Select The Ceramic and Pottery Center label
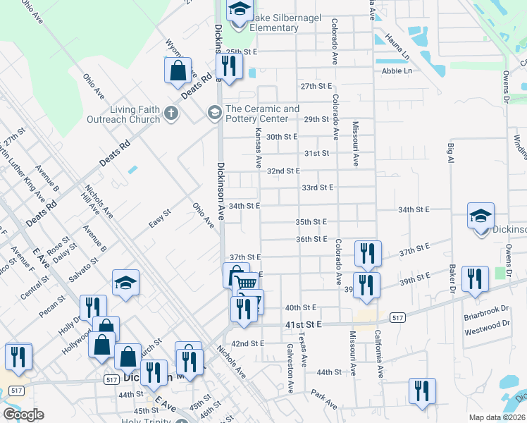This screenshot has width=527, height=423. click(262, 114)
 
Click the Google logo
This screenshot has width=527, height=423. click(23, 415)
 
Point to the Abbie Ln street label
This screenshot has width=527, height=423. click(397, 71)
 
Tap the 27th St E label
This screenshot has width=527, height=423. click(316, 86)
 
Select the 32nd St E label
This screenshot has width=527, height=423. click(283, 171)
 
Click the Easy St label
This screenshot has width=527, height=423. click(160, 219)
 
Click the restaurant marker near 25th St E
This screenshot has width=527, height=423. click(228, 66)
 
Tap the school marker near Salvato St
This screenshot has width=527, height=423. click(125, 283)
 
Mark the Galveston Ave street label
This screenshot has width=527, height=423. click(289, 368)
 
